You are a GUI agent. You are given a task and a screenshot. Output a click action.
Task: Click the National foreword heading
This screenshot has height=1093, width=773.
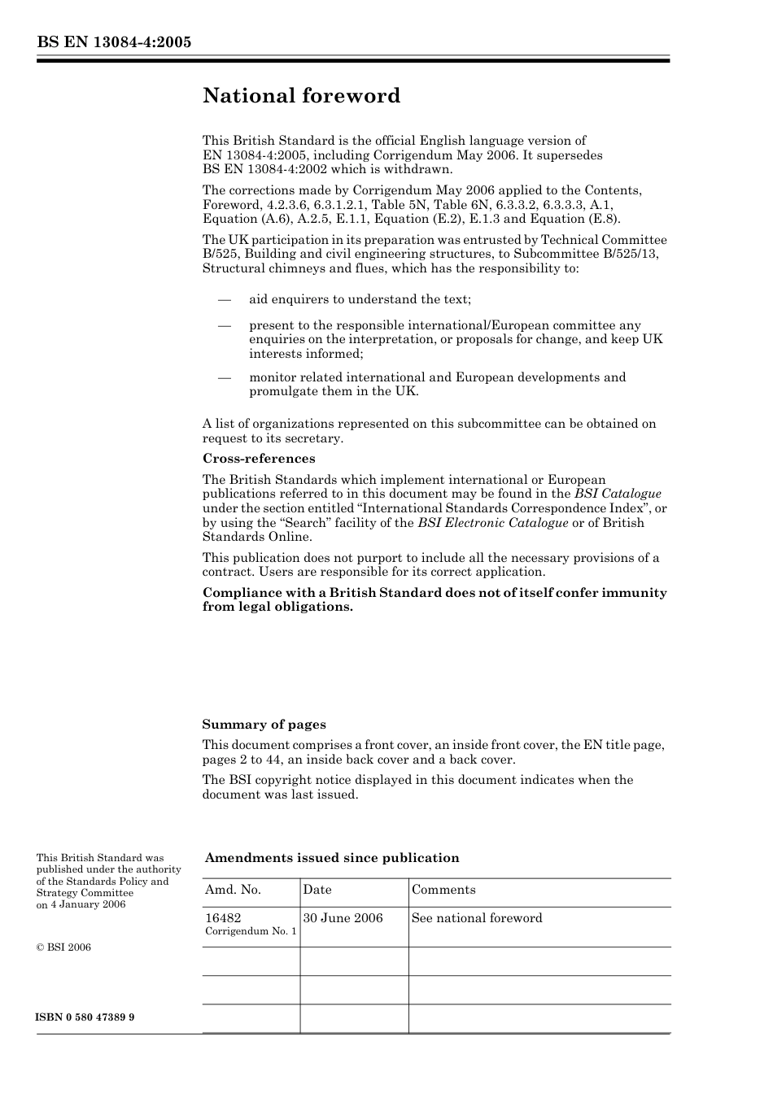(301, 96)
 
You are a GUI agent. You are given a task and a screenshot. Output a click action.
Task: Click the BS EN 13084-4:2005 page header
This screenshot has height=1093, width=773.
(114, 42)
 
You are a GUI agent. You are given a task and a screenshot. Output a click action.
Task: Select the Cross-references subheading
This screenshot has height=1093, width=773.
(258, 459)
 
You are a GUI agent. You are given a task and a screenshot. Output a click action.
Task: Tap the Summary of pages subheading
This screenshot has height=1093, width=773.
(264, 725)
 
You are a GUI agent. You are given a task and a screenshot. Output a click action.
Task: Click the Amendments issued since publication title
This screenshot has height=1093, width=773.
(331, 858)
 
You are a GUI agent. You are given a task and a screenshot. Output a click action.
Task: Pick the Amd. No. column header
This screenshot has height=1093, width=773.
(233, 890)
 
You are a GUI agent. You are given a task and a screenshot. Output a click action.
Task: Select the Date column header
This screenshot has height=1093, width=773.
(317, 890)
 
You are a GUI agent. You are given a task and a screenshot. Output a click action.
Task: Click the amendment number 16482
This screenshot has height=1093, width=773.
(223, 918)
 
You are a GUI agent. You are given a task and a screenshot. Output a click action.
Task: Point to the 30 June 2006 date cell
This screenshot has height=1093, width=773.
(343, 918)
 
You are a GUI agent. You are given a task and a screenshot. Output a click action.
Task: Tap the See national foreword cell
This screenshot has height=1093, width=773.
(477, 918)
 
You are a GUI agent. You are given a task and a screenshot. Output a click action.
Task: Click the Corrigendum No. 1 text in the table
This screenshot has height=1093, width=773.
(251, 932)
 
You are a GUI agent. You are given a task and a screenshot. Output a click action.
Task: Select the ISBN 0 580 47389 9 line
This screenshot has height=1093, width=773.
(85, 1017)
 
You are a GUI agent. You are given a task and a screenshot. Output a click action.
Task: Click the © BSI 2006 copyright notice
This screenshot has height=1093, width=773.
(63, 947)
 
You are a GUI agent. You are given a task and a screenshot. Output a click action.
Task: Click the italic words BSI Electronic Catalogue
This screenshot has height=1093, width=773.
(493, 523)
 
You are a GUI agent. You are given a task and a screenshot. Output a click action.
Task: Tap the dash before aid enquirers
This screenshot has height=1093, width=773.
(225, 299)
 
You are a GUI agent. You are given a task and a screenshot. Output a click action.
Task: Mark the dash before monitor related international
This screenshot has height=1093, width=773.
(225, 377)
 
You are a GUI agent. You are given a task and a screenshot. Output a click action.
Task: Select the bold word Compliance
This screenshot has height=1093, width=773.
(239, 593)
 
